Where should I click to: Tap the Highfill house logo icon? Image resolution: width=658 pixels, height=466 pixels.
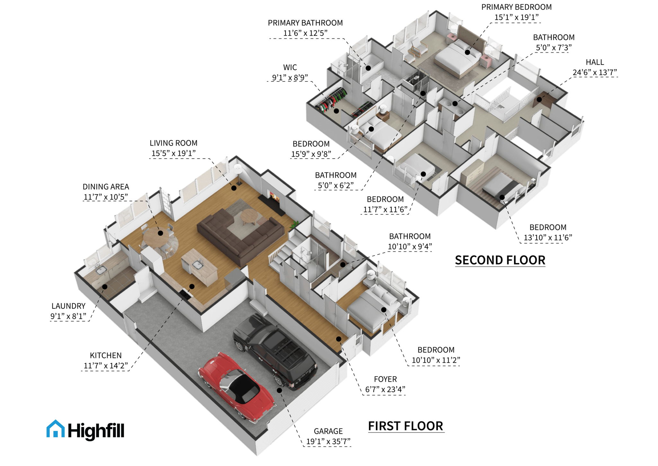click(55, 429)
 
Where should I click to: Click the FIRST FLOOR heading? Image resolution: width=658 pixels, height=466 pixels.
click(406, 426)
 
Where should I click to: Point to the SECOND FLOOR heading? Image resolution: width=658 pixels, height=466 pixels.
click(500, 260)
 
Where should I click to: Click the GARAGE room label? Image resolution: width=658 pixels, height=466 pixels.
click(328, 431)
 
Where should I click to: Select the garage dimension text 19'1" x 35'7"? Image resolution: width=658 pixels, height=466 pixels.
click(328, 441)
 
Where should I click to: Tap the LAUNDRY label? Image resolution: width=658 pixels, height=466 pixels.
click(68, 306)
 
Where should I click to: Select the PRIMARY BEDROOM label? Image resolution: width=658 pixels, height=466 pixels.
click(516, 7)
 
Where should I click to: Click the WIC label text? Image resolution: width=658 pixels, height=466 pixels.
click(290, 68)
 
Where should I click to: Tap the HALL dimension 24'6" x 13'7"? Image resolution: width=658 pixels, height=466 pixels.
click(595, 72)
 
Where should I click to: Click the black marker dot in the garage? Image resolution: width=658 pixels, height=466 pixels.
click(280, 390)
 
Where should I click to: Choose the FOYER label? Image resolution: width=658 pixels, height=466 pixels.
click(385, 379)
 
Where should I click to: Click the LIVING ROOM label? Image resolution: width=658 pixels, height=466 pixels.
click(173, 143)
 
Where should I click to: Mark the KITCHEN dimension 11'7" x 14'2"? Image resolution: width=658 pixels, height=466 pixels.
click(106, 366)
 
